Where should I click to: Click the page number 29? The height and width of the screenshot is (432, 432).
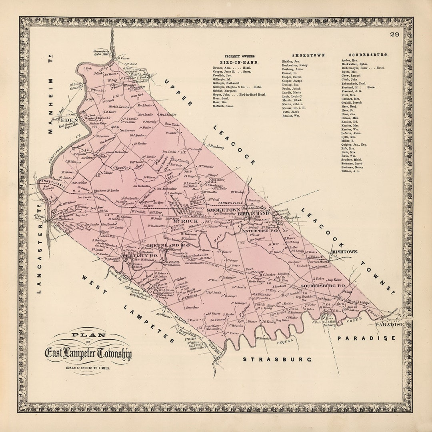point(395,34)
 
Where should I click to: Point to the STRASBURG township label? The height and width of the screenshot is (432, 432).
point(277,359)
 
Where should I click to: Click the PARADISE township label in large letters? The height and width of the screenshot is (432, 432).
point(366,338)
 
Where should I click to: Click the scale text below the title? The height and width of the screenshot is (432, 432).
point(88,367)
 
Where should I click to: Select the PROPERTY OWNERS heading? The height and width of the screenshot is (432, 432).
point(240,57)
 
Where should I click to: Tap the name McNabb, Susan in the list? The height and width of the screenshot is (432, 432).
point(223,106)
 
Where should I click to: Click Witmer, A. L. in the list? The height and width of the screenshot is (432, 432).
point(351,171)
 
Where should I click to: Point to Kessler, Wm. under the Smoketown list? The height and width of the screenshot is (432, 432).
point(291,116)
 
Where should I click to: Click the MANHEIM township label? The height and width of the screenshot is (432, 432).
point(50,103)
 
